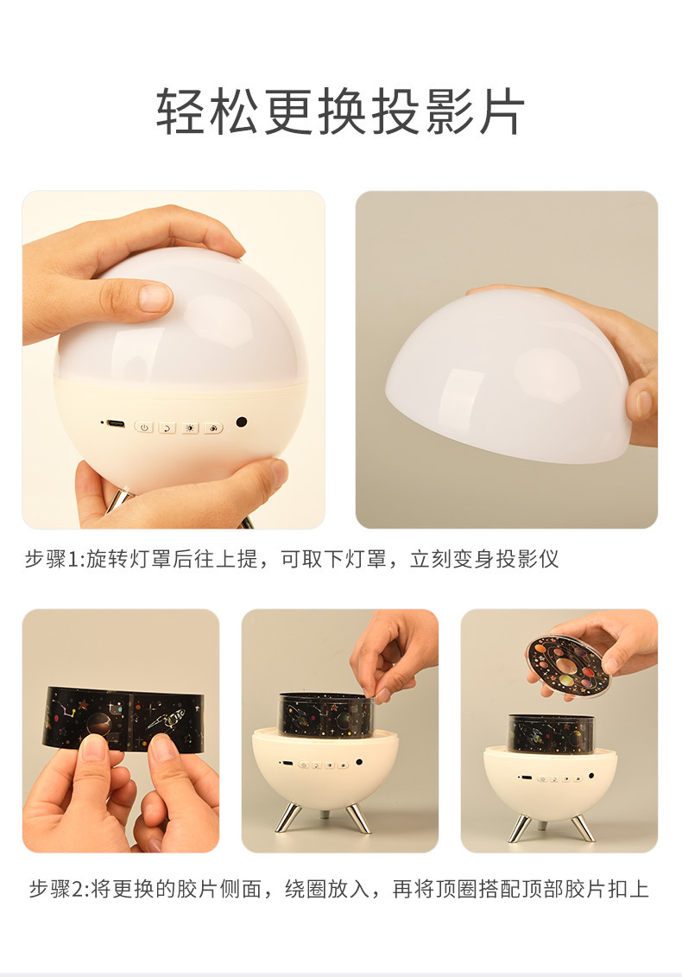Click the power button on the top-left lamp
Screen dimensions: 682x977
point(144,428)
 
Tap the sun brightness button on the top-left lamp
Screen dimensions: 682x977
point(190,428)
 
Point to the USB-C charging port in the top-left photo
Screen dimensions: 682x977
point(115,424)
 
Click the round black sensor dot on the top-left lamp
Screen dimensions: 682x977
point(242,422)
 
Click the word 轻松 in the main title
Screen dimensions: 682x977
point(207,112)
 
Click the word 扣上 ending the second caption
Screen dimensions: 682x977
point(628,889)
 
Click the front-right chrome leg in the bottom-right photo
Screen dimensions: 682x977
point(583,828)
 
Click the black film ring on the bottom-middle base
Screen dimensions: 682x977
point(325,715)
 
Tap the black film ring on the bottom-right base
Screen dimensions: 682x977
point(551,733)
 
